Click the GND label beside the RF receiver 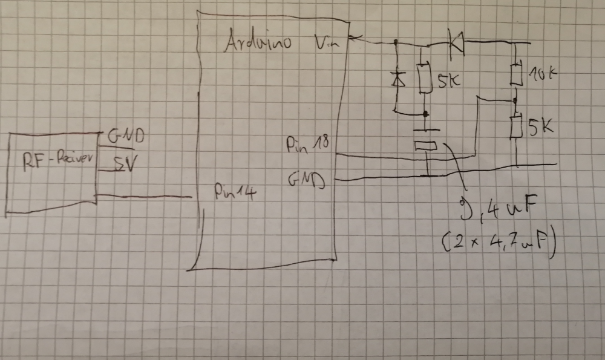[126, 137]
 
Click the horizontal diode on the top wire [455, 41]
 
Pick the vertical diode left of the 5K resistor [397, 79]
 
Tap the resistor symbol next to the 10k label [515, 74]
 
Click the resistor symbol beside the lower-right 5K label [516, 127]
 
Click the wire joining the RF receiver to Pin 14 [145, 196]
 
